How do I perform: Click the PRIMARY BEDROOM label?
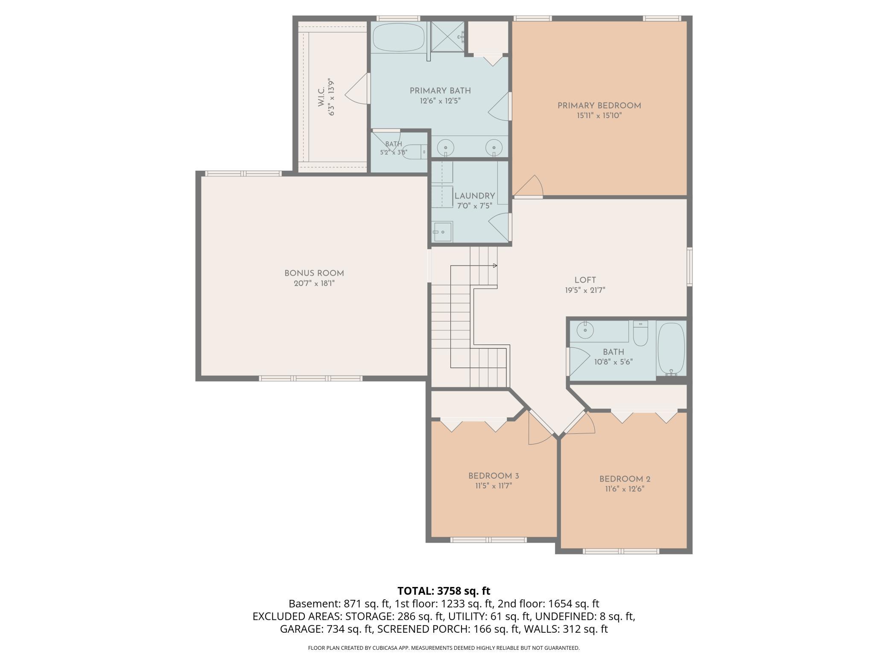click(x=599, y=105)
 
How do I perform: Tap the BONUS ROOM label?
click(x=314, y=273)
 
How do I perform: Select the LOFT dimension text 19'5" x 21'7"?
click(x=585, y=290)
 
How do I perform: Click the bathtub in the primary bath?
click(x=399, y=37)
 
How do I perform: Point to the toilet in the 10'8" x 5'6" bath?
click(x=640, y=333)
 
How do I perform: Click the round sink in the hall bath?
click(x=584, y=330)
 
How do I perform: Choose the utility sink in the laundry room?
click(x=443, y=231)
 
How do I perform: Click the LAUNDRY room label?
click(x=475, y=196)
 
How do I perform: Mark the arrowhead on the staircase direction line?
click(x=495, y=266)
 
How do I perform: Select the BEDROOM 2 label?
click(x=625, y=479)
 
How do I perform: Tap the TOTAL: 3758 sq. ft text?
click(x=444, y=591)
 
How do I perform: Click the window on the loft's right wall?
click(x=689, y=267)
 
